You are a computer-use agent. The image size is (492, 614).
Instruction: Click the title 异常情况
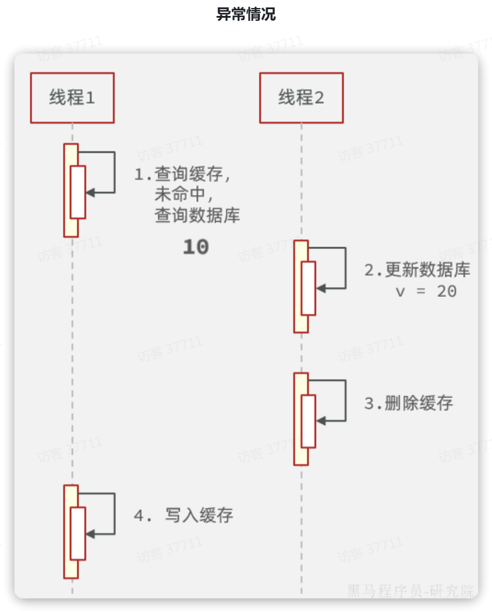click(x=246, y=15)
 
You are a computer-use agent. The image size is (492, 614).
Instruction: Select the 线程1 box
click(x=72, y=98)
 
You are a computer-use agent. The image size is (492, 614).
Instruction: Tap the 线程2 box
click(x=301, y=98)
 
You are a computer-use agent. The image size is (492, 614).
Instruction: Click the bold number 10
click(x=196, y=247)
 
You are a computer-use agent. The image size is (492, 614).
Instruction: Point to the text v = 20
click(x=426, y=291)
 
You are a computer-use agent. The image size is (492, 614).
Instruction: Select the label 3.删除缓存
click(x=409, y=404)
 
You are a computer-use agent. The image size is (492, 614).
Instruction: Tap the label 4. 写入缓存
click(x=183, y=515)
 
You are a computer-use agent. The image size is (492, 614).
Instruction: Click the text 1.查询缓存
click(x=183, y=174)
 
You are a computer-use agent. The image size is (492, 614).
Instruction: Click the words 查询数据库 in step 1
click(x=197, y=216)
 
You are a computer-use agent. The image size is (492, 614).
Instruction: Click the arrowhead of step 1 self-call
click(x=90, y=193)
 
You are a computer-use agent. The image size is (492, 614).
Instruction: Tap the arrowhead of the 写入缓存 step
click(x=90, y=534)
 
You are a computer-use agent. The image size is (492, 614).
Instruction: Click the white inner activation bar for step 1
click(x=77, y=192)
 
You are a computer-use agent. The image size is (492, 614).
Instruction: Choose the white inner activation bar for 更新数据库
click(x=308, y=288)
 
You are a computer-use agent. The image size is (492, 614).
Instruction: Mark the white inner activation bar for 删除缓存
click(x=308, y=421)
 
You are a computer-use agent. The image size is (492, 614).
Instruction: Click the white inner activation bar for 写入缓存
click(x=77, y=533)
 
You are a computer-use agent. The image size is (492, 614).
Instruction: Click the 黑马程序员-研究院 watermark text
click(x=410, y=591)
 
